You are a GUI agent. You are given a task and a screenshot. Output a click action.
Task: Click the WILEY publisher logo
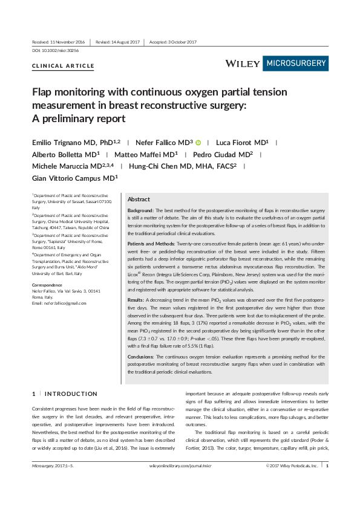tap(243, 63)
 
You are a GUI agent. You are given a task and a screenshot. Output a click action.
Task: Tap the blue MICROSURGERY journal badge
tap(296, 63)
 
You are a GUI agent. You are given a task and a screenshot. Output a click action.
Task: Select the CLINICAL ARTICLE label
tap(63, 65)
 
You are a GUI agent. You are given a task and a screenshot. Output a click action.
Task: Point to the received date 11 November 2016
tap(59, 42)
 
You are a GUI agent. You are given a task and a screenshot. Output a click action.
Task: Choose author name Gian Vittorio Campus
tap(74, 178)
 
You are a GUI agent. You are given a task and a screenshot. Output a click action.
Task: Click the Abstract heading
tap(139, 199)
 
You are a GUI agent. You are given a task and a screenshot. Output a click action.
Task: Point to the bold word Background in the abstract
tap(141, 209)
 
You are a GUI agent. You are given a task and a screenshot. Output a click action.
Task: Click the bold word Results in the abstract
tap(137, 299)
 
